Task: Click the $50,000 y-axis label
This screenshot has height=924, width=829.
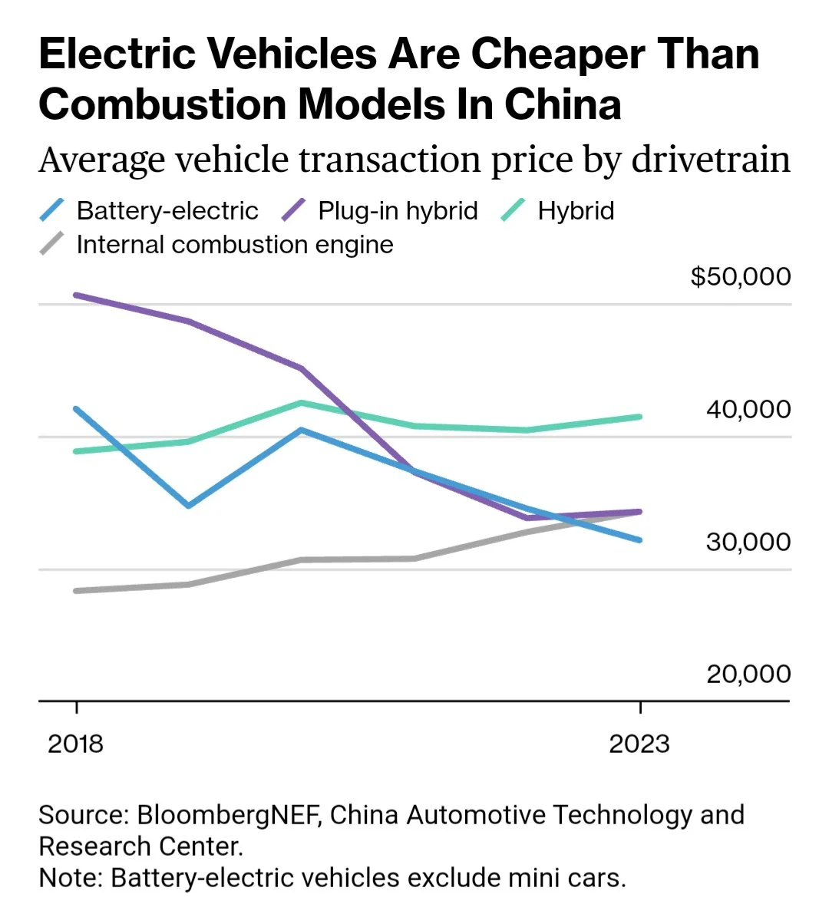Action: (740, 276)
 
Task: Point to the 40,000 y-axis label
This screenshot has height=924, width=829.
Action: (748, 409)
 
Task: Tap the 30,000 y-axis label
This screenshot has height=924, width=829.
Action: (748, 542)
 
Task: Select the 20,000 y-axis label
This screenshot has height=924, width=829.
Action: (748, 674)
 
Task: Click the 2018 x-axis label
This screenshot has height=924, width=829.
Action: (75, 744)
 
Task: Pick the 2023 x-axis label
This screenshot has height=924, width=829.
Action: (639, 744)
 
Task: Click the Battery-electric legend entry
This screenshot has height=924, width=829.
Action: (167, 210)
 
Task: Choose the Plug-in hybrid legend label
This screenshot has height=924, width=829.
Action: (398, 210)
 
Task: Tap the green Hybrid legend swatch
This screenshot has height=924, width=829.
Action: (513, 210)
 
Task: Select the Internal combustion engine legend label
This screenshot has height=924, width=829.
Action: (235, 245)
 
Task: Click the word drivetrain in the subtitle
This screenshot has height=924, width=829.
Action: (711, 160)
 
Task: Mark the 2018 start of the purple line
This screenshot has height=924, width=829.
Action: (76, 295)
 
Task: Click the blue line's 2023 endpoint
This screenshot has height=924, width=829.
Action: (639, 540)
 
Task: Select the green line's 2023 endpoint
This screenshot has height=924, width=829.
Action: (639, 417)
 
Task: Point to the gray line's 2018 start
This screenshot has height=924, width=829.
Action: (76, 591)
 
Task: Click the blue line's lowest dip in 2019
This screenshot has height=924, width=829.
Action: (189, 505)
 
